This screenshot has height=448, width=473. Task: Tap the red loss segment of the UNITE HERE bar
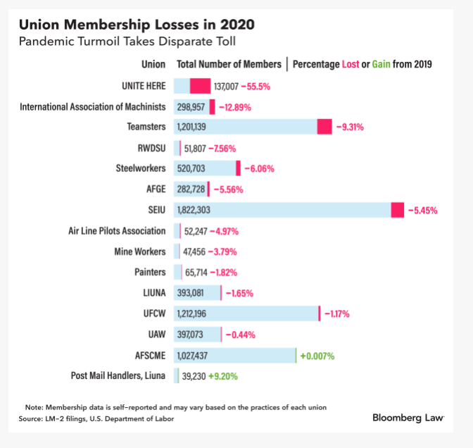pyautogui.click(x=200, y=86)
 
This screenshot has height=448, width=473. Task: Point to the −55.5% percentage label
pyautogui.click(x=256, y=87)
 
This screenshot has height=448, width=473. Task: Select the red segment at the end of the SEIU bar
pyautogui.click(x=398, y=210)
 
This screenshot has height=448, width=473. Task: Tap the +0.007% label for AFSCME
pyautogui.click(x=317, y=356)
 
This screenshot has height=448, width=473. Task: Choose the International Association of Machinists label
pyautogui.click(x=93, y=107)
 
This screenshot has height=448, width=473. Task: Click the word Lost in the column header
pyautogui.click(x=351, y=64)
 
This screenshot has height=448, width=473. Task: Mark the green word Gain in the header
pyautogui.click(x=381, y=64)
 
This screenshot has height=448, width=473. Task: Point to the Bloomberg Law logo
pyautogui.click(x=408, y=418)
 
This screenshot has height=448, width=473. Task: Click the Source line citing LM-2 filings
pyautogui.click(x=96, y=419)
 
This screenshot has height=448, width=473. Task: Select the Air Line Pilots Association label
pyautogui.click(x=117, y=231)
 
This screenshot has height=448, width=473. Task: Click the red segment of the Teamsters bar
pyautogui.click(x=324, y=127)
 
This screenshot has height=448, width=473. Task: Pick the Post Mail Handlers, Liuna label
pyautogui.click(x=118, y=376)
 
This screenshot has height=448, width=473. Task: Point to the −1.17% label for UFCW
pyautogui.click(x=336, y=314)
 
